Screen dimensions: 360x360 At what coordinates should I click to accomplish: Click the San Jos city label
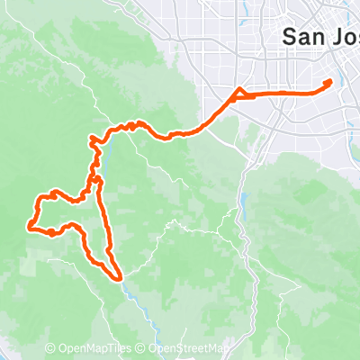319,37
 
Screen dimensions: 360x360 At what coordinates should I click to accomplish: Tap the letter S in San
290,37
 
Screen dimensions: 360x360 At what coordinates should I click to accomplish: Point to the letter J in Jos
336,37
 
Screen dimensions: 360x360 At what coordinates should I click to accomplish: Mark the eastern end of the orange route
329,82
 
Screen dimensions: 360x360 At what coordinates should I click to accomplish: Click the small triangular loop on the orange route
239,94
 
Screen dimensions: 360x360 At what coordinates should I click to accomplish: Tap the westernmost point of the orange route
30,227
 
